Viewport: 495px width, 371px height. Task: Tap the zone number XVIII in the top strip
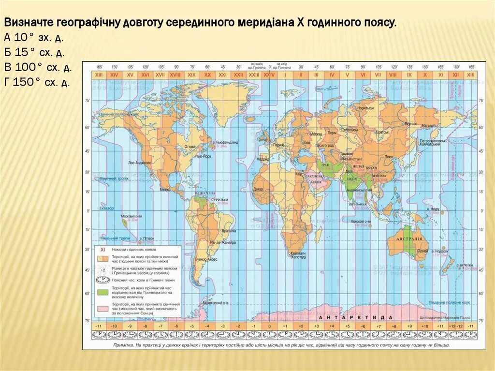[175, 75]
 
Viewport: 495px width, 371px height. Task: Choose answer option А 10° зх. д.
[34, 37]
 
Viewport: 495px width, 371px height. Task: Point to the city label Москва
[316, 134]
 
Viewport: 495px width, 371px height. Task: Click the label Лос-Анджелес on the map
[141, 163]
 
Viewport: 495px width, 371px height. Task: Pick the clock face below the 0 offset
[269, 334]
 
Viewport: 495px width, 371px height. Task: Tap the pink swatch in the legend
[102, 308]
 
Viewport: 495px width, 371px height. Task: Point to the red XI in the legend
[102, 249]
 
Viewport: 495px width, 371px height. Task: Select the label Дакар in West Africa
[258, 189]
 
